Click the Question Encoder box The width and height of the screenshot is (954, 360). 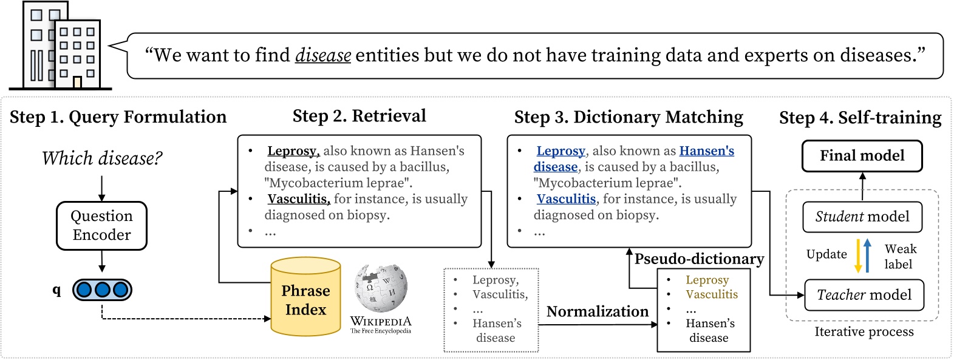(101, 226)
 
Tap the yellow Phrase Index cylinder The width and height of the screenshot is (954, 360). (305, 297)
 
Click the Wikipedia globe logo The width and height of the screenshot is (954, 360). (381, 288)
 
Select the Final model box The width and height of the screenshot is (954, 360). (862, 156)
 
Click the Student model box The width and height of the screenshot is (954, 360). (862, 217)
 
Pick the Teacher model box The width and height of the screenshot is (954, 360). (864, 295)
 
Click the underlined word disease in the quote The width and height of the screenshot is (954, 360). (322, 56)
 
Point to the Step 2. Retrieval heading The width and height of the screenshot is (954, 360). (359, 116)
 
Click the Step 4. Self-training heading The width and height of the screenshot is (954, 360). (860, 117)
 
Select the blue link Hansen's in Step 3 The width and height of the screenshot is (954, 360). (706, 151)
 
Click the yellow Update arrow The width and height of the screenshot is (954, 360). (858, 256)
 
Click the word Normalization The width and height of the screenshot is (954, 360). (597, 311)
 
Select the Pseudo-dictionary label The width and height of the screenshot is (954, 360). (699, 259)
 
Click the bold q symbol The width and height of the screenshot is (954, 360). (56, 290)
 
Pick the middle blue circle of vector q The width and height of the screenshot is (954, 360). (102, 290)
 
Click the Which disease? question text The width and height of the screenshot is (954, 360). (102, 158)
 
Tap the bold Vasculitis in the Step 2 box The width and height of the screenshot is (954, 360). (298, 199)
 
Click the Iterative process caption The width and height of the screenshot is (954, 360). (864, 331)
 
